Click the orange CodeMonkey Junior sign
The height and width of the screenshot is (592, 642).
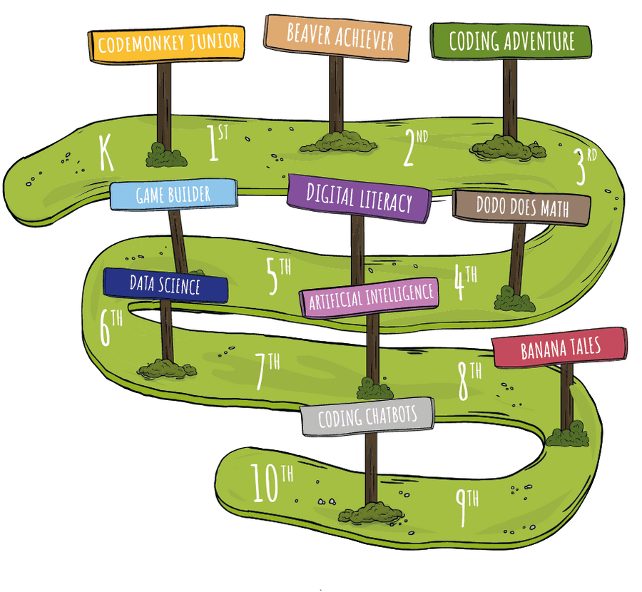click(x=168, y=44)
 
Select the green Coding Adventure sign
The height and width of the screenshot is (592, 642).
click(x=511, y=41)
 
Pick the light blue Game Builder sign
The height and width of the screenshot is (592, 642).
click(x=173, y=195)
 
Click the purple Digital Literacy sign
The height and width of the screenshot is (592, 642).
click(x=359, y=197)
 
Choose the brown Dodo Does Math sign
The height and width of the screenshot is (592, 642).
click(x=521, y=208)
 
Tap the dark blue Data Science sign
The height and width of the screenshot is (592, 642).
click(x=165, y=285)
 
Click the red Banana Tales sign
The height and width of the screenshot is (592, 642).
click(x=560, y=348)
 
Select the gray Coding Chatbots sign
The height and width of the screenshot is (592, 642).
click(x=367, y=417)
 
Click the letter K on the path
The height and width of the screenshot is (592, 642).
click(x=106, y=153)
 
